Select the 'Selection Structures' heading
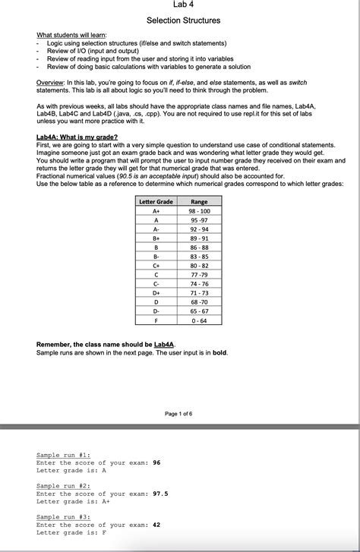pyautogui.click(x=183, y=20)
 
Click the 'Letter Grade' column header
pyautogui.click(x=156, y=201)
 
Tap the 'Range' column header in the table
pyautogui.click(x=200, y=201)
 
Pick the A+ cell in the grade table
pyautogui.click(x=156, y=210)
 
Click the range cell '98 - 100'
pyautogui.click(x=200, y=210)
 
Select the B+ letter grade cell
pyautogui.click(x=156, y=238)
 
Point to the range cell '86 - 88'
pyautogui.click(x=200, y=247)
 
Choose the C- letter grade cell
pyautogui.click(x=156, y=283)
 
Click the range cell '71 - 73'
pyautogui.click(x=200, y=292)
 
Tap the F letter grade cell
pyautogui.click(x=156, y=320)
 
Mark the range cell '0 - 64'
pyautogui.click(x=200, y=320)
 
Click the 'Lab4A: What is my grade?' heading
pyautogui.click(x=77, y=137)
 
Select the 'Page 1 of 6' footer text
pyautogui.click(x=178, y=413)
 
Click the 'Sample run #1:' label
pyautogui.click(x=63, y=455)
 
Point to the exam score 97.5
pyautogui.click(x=161, y=494)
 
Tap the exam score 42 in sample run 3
pyautogui.click(x=156, y=525)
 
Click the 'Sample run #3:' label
pyautogui.click(x=63, y=517)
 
